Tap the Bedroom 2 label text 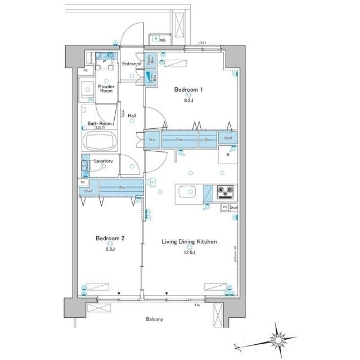[x=110, y=238]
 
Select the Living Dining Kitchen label [x=190, y=242]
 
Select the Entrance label [x=131, y=64]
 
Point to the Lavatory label [x=103, y=161]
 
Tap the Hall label [x=132, y=116]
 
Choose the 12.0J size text [x=190, y=253]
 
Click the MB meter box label [x=163, y=40]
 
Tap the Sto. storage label [x=152, y=139]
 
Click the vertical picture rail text [x=236, y=247]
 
